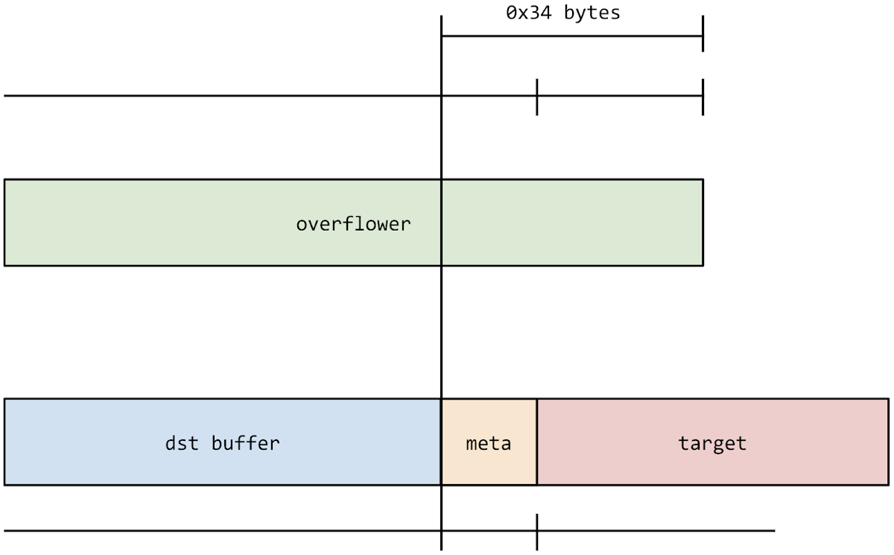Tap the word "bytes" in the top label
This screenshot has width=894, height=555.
[592, 13]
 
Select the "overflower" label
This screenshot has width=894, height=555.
[353, 224]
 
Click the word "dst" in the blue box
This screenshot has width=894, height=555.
[183, 443]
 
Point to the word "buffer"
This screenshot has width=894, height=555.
[245, 443]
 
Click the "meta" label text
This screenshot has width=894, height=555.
[489, 443]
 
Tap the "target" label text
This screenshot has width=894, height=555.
[712, 443]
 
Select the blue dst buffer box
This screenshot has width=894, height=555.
[112, 462]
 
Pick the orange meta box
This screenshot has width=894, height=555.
[489, 466]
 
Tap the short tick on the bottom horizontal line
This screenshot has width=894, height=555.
[536, 531]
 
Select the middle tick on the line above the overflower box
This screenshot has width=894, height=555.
[536, 96]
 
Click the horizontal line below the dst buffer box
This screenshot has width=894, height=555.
[223, 531]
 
